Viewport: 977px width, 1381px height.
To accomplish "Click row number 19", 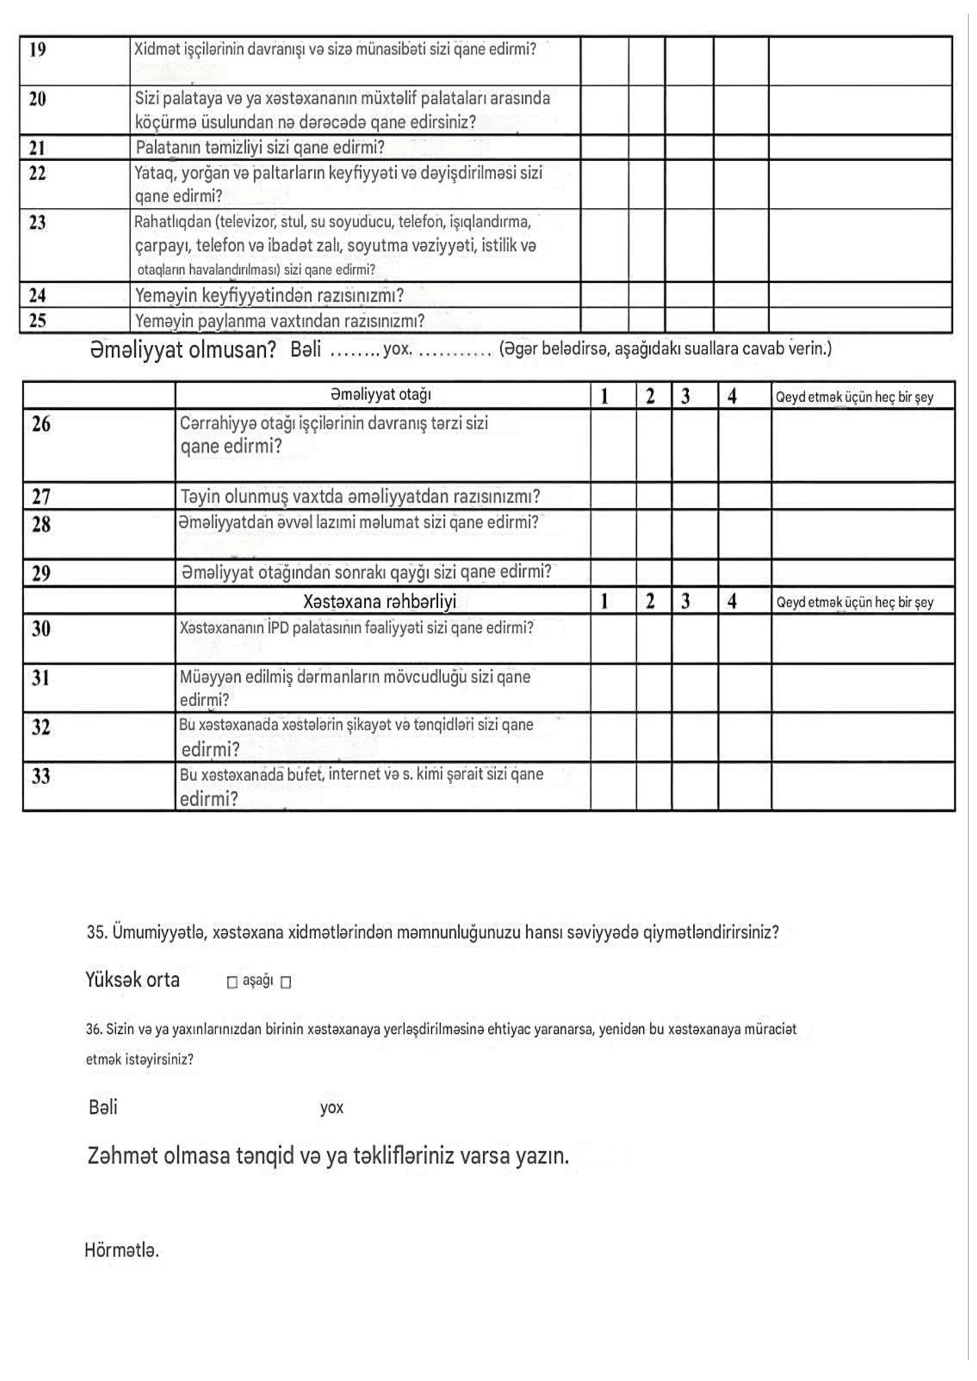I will tap(37, 50).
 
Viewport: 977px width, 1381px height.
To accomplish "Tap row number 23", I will tap(37, 223).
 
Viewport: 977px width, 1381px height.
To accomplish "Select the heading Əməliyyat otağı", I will tap(380, 395).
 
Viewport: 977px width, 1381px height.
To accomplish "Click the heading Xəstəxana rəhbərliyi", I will tap(380, 602).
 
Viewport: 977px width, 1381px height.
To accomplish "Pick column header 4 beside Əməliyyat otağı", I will tap(731, 396).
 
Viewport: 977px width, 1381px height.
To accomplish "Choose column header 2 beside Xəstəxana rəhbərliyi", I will tap(650, 602).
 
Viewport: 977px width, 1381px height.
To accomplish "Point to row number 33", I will tap(41, 776).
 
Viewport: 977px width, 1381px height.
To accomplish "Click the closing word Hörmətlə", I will tap(122, 1251).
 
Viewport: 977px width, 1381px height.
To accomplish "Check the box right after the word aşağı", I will tap(286, 982).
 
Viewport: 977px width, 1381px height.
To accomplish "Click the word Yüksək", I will tap(113, 980).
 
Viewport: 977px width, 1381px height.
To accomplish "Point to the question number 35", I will tap(96, 933).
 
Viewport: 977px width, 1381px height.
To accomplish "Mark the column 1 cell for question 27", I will tap(613, 496).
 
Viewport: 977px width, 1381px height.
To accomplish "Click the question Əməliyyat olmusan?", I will tap(183, 350).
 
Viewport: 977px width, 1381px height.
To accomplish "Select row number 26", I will tap(41, 425).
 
